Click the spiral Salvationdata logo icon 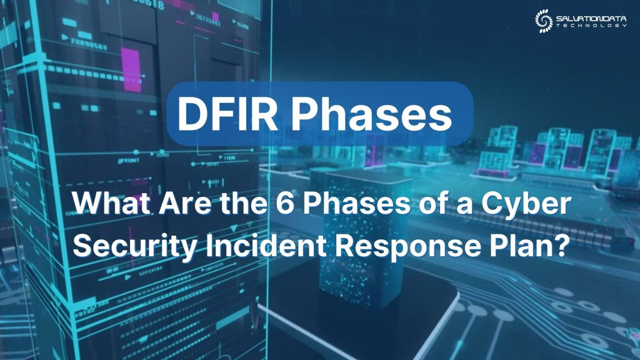point(543,20)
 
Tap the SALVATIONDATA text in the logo point(589,17)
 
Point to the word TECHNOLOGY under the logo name point(589,25)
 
